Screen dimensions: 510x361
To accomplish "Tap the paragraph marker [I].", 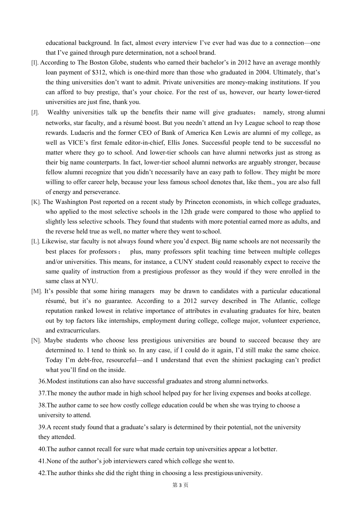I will pos(35,63).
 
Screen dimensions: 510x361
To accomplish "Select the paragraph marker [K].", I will pos(36,202).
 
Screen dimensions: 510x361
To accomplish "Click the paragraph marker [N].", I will pos(36,341).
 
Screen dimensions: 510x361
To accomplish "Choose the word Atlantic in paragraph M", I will pos(286,301).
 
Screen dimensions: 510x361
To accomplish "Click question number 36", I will pos(42,381).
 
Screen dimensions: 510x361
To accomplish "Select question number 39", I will pos(42,427).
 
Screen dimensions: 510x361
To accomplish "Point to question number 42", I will pos(42,473).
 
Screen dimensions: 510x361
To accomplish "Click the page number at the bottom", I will pos(180,485).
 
